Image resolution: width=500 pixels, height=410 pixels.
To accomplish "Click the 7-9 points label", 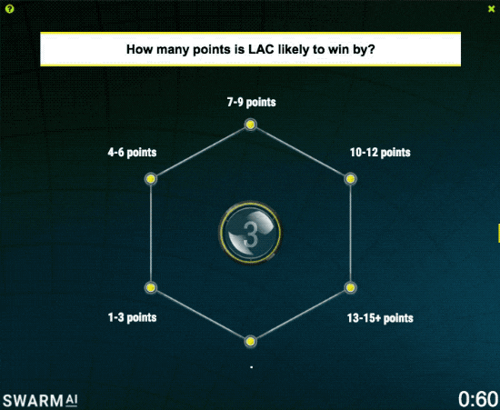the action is [x=251, y=103].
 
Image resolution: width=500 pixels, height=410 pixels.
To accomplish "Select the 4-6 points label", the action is [x=132, y=153].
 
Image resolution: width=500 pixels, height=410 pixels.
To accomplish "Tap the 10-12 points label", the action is [x=380, y=153].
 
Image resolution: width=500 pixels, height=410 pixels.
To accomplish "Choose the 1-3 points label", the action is [x=132, y=317].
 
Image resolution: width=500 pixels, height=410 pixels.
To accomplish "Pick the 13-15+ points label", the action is [x=380, y=318].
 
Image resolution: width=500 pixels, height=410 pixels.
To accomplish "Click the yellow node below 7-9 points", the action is [x=251, y=125].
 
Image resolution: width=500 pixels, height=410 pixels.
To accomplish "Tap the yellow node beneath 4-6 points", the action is [x=151, y=179].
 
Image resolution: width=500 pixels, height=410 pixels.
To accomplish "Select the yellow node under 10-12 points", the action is [x=350, y=179].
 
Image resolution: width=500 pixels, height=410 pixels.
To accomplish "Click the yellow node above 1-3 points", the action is [x=151, y=287].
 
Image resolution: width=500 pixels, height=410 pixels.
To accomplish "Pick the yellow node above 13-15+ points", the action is [x=350, y=287].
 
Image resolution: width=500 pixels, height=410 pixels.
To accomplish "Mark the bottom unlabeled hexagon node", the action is [x=251, y=342].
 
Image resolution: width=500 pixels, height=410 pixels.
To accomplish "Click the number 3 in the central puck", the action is [x=250, y=235].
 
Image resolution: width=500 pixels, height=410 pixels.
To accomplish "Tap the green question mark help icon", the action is [x=10, y=9].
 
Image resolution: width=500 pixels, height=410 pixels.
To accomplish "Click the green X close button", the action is [x=492, y=9].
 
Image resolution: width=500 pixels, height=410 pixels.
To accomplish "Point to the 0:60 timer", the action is [x=478, y=399].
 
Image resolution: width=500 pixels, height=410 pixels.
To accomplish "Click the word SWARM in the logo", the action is [x=33, y=401].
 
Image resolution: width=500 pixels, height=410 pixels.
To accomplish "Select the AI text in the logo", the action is [x=72, y=400].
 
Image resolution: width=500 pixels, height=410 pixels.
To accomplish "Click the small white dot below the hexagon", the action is [x=252, y=367].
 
